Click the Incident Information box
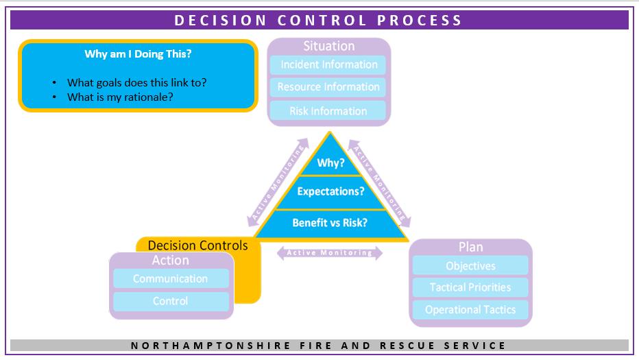click(x=328, y=65)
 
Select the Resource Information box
click(x=328, y=87)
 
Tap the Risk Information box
click(x=328, y=110)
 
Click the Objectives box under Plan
click(x=470, y=265)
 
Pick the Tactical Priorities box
click(x=470, y=287)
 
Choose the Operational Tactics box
click(x=470, y=309)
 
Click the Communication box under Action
click(x=171, y=278)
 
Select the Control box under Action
click(x=171, y=301)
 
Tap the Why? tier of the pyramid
click(x=330, y=164)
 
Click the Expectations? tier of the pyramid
click(x=330, y=191)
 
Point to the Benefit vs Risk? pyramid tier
click(x=330, y=222)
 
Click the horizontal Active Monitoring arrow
click(x=329, y=253)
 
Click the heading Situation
click(x=329, y=47)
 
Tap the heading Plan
click(x=470, y=247)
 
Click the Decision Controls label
click(x=198, y=245)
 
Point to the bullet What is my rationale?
click(x=120, y=97)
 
